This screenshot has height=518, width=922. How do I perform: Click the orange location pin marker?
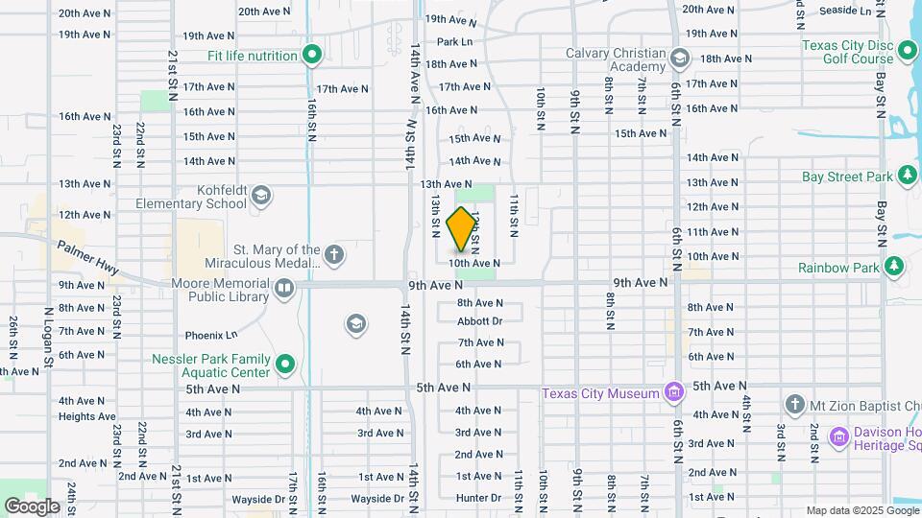[461, 229]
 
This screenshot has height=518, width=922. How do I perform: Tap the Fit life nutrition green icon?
[311, 56]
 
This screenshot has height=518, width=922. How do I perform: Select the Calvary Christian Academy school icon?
[679, 59]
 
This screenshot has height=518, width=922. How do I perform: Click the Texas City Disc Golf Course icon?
[908, 49]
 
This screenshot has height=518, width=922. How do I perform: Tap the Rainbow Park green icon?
[894, 266]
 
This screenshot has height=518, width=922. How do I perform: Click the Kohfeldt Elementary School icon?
[260, 198]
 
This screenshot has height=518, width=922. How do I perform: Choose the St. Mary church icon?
[333, 255]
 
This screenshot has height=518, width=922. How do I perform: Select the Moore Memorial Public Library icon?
[283, 287]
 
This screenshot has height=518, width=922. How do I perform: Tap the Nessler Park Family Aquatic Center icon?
[284, 365]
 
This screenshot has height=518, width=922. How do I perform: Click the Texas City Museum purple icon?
[673, 392]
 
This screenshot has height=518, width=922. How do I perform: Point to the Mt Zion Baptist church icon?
[793, 404]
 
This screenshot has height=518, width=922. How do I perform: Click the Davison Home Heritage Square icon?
[839, 437]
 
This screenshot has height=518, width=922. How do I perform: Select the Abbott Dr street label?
[479, 321]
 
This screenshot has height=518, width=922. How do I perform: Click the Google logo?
[32, 506]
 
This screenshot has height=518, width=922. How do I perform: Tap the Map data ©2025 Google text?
[861, 510]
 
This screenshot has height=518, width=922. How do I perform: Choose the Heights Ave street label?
[86, 416]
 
